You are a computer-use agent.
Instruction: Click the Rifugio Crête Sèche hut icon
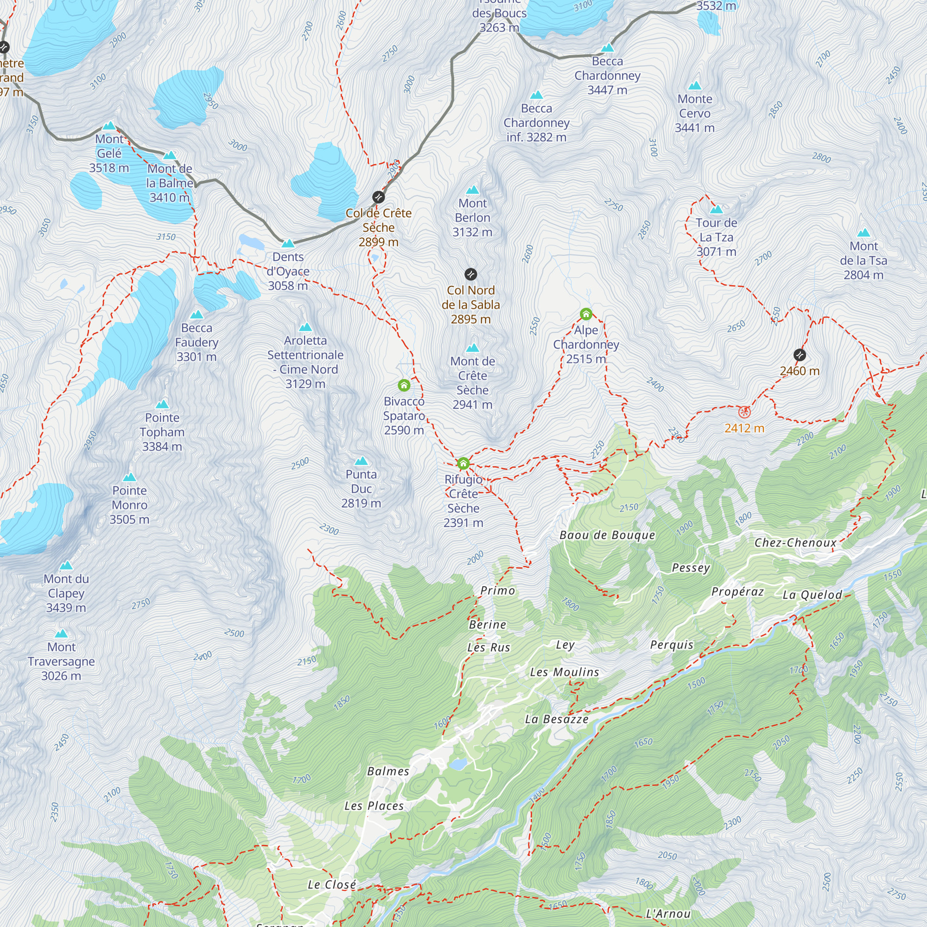coord(463,463)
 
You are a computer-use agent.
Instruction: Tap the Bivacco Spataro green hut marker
coord(404,385)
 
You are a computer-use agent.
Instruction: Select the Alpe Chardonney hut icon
coord(586,314)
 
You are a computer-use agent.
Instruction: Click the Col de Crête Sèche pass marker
coord(379,197)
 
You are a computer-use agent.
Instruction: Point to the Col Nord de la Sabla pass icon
coord(471,274)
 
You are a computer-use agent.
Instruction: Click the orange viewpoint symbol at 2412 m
coord(744,412)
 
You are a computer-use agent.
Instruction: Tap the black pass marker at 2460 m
coord(800,355)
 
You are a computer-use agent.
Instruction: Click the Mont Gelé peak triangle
coord(109,126)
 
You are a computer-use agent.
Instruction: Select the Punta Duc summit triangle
coord(362,462)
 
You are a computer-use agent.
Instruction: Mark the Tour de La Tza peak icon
coord(717,210)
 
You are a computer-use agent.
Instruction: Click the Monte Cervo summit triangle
coord(695,86)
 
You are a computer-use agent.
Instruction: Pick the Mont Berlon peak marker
coord(473,190)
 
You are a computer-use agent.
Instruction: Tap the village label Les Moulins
coord(564,672)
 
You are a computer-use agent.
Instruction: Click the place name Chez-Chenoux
coord(795,543)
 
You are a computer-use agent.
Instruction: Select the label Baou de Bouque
coord(607,535)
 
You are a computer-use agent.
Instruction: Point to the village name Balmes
coord(387,771)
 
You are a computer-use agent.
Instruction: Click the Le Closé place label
coord(331,884)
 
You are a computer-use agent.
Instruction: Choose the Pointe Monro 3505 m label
coord(130,505)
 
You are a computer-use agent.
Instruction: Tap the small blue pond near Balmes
coord(458,764)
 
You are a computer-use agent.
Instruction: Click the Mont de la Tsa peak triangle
coord(864,233)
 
